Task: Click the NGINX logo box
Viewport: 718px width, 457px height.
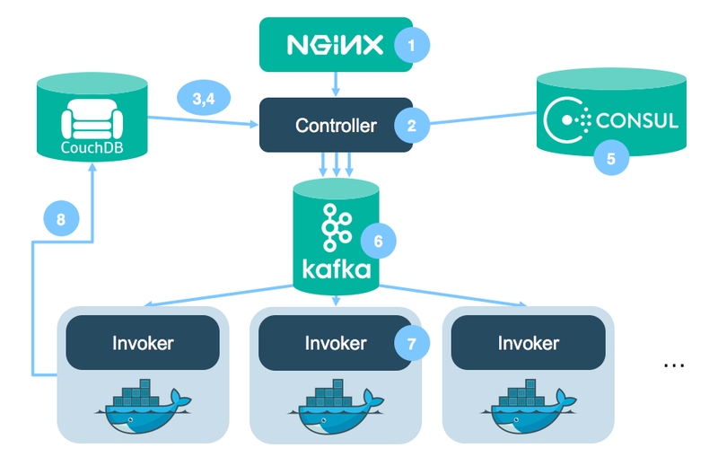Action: coord(337,44)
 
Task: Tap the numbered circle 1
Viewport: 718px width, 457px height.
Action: coord(413,45)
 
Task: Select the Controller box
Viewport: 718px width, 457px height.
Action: coord(336,126)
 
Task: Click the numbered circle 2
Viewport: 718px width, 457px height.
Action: coord(412,127)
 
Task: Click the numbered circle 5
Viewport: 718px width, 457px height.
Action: coord(611,159)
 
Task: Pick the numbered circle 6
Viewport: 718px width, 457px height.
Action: coord(378,242)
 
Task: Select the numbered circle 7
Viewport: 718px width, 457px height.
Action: coord(412,343)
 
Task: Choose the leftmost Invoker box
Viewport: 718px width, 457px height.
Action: coord(143,342)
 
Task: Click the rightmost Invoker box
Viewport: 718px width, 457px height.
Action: coord(528,342)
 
